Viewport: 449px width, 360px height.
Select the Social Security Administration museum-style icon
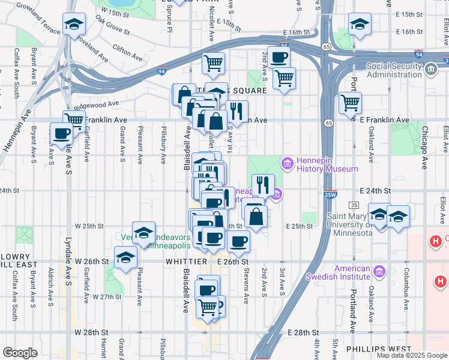[430, 70]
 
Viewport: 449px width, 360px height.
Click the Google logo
[20, 352]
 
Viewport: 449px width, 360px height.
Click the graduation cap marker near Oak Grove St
[74, 25]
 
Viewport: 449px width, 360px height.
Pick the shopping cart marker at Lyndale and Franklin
[74, 119]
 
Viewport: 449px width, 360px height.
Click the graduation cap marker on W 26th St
[125, 257]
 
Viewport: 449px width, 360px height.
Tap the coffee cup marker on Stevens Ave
[238, 241]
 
